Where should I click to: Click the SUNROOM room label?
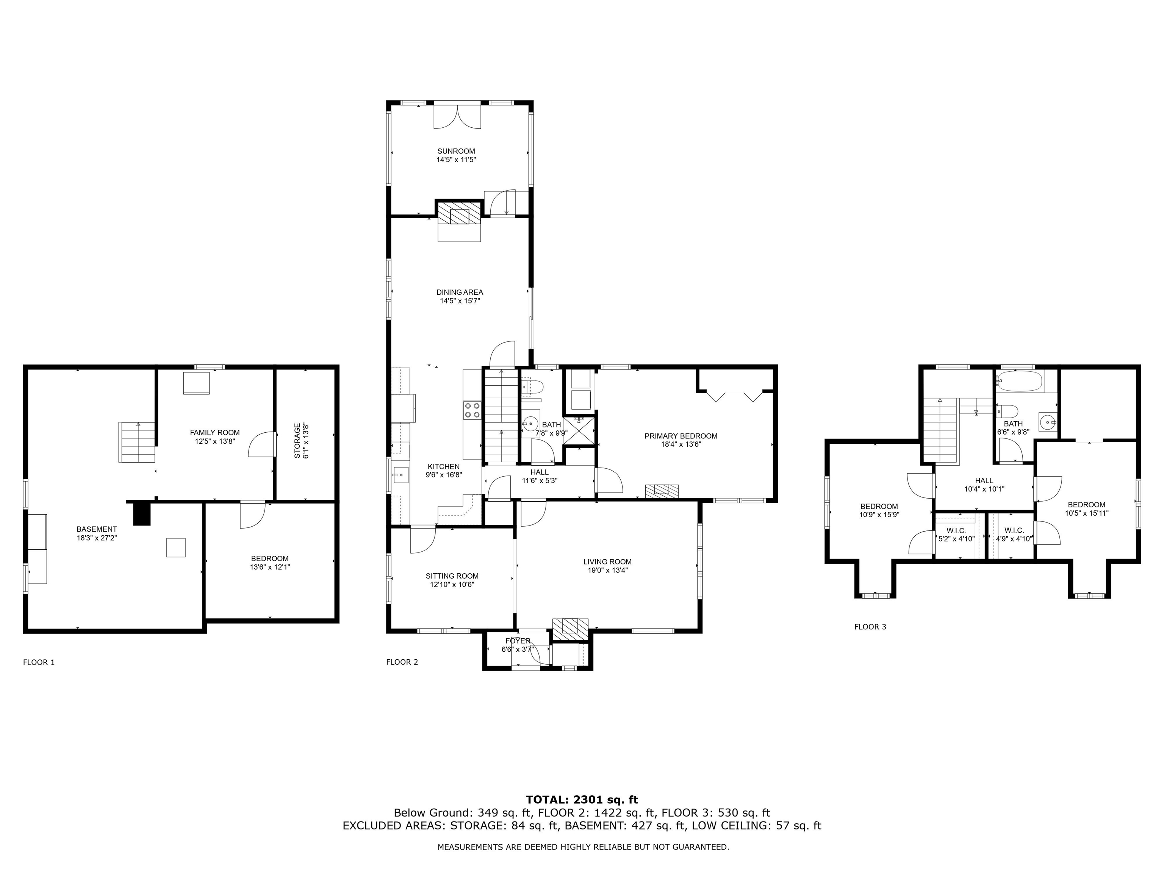456,151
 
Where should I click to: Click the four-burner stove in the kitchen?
472,410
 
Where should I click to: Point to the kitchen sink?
401,475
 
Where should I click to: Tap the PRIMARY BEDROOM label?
681,436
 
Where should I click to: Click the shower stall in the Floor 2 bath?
579,430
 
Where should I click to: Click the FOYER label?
518,641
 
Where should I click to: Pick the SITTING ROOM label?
452,576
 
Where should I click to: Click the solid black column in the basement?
142,513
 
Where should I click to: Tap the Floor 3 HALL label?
984,480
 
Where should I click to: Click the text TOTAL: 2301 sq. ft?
582,800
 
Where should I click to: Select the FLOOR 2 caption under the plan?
402,662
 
